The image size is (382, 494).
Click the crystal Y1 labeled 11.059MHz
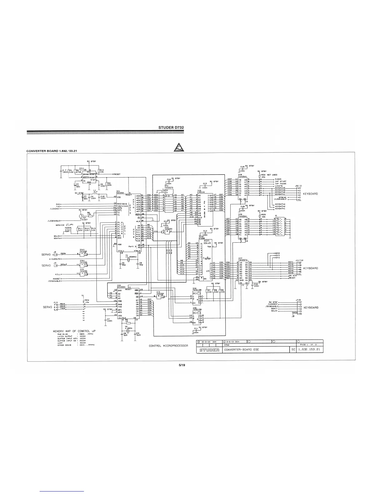[128, 260]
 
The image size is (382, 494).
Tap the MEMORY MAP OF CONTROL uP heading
[71, 331]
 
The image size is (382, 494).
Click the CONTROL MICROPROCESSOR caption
[168, 346]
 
